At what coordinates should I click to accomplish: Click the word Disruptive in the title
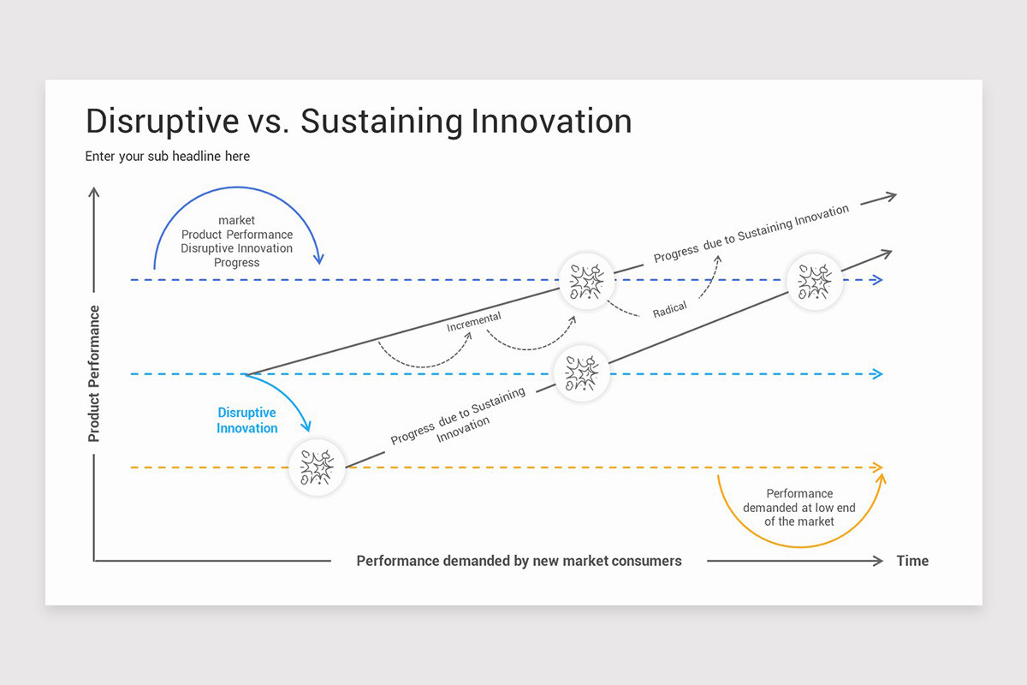[162, 122]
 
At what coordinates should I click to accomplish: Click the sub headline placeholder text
[167, 156]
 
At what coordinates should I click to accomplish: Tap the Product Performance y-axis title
[94, 373]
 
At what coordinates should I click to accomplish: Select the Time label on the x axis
[911, 561]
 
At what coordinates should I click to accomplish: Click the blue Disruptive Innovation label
[246, 420]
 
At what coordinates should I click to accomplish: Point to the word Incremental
[473, 322]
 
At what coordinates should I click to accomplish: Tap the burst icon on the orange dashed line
[317, 468]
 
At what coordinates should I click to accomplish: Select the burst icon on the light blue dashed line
[582, 374]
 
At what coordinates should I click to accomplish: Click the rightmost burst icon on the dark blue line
[815, 281]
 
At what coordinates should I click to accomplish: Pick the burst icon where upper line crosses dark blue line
[586, 281]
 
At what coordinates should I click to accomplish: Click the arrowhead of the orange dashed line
[876, 468]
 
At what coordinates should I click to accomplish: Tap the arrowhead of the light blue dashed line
[876, 374]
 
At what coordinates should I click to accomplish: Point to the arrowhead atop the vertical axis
[94, 193]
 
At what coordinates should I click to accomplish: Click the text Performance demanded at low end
[798, 507]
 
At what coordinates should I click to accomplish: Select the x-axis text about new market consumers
[519, 561]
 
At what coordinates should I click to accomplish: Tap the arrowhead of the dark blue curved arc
[319, 259]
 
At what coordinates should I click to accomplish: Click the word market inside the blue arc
[236, 220]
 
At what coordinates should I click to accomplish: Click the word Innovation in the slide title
[551, 122]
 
